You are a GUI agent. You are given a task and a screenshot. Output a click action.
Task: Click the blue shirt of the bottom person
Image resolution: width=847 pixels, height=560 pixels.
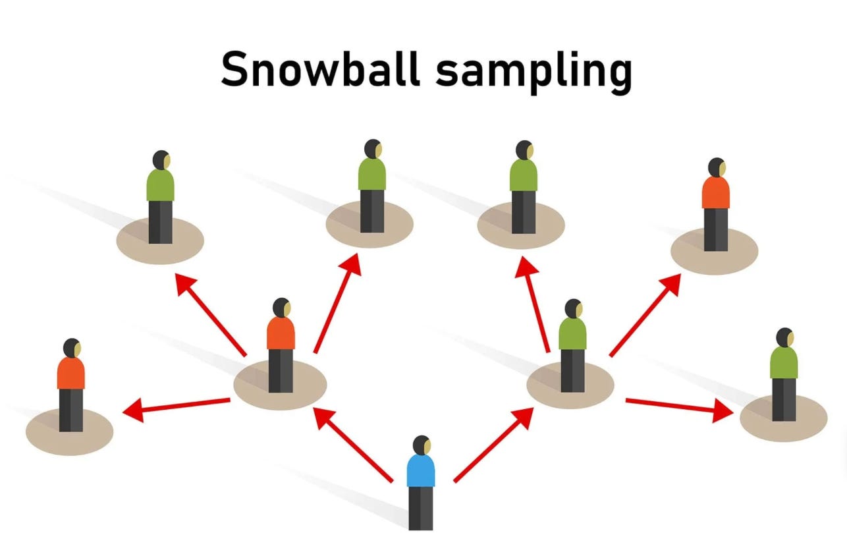[420, 471]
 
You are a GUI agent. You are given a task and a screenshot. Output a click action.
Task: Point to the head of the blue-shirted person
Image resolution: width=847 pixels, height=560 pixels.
[422, 445]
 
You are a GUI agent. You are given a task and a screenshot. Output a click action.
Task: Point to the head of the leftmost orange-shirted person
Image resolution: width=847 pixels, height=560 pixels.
[71, 348]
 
